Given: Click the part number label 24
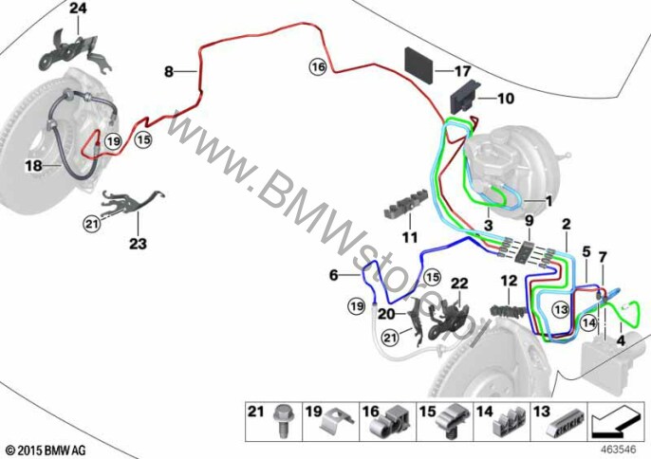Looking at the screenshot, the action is coord(78,8).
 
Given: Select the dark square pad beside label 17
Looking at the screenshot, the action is coord(419,65).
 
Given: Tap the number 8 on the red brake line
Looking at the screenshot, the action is coord(169,72).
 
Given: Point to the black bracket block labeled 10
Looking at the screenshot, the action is coord(465,97).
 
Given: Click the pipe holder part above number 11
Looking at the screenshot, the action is coord(405,203).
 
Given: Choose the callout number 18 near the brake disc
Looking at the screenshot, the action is coord(33,166).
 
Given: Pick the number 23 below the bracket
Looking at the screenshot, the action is coord(138,244).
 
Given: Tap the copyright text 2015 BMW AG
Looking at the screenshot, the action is coord(46,450).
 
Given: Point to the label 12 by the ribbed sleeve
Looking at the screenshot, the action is coord(509,281).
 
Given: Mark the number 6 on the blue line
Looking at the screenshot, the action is coord(334,275).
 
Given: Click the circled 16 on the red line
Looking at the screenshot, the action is coord(318,66).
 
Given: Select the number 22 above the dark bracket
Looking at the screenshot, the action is coord(459,284).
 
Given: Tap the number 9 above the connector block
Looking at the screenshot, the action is coord(529,220).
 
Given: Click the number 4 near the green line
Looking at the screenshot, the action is coord(621,340).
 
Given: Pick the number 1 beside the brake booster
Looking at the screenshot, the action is coord(549,202).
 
